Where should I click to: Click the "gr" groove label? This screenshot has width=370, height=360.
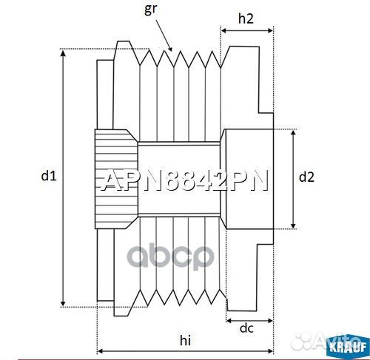coord(151,10)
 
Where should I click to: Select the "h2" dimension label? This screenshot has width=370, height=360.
coord(247,20)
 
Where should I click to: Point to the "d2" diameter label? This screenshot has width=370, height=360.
coord(306,177)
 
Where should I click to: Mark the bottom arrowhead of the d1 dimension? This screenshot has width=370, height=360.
coord(64,304)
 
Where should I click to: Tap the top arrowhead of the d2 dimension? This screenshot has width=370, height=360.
coord(294,131)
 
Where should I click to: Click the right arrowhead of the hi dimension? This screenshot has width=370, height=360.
coord(272,350)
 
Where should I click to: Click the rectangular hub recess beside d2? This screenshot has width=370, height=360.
coord(248,178)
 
